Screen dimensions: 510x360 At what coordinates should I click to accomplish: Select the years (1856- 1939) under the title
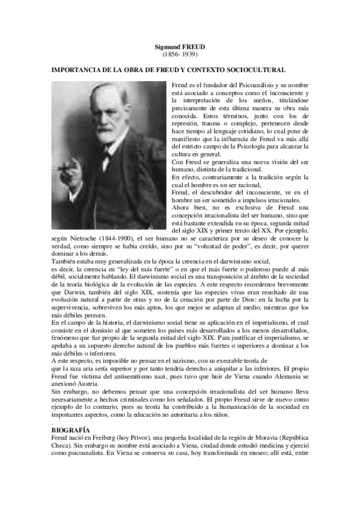tap(180, 54)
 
